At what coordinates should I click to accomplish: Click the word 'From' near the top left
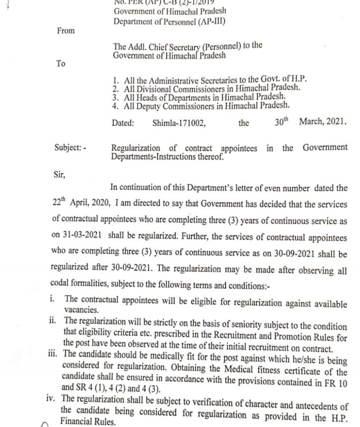(x=66, y=31)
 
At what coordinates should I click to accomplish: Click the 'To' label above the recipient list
(x=61, y=63)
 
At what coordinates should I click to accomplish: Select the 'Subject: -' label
(x=70, y=147)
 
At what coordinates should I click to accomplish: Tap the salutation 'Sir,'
(x=59, y=174)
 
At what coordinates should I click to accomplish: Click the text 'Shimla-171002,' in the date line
(x=179, y=123)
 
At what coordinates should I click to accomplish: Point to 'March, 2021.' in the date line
(x=323, y=121)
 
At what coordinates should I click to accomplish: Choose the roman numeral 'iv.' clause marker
(x=52, y=398)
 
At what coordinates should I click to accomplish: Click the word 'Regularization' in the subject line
(x=136, y=147)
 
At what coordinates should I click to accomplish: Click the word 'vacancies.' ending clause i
(x=81, y=310)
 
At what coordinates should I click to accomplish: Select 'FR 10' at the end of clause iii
(x=337, y=383)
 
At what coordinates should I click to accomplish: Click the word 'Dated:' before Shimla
(x=123, y=123)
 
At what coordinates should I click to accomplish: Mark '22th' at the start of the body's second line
(x=60, y=202)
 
